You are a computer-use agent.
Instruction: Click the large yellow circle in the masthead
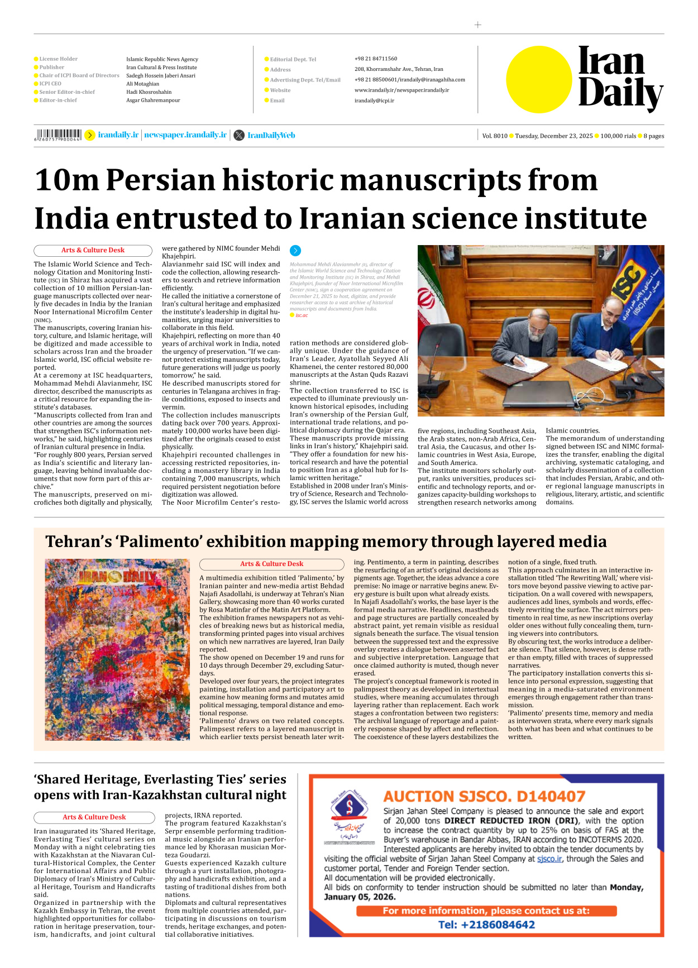click(x=539, y=79)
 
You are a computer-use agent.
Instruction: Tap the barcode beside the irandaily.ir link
click(x=58, y=135)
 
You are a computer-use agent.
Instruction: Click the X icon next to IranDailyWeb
click(x=239, y=135)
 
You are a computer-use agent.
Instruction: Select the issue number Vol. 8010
click(x=495, y=136)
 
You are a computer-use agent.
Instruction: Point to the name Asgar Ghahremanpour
click(x=153, y=100)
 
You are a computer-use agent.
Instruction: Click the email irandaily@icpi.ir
click(x=374, y=100)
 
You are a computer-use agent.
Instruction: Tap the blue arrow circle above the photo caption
click(x=295, y=251)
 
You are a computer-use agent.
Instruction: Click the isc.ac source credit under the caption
click(x=302, y=315)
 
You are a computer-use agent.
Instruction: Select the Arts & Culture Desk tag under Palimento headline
click(x=271, y=564)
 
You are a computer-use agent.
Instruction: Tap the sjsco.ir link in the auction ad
click(x=549, y=859)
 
